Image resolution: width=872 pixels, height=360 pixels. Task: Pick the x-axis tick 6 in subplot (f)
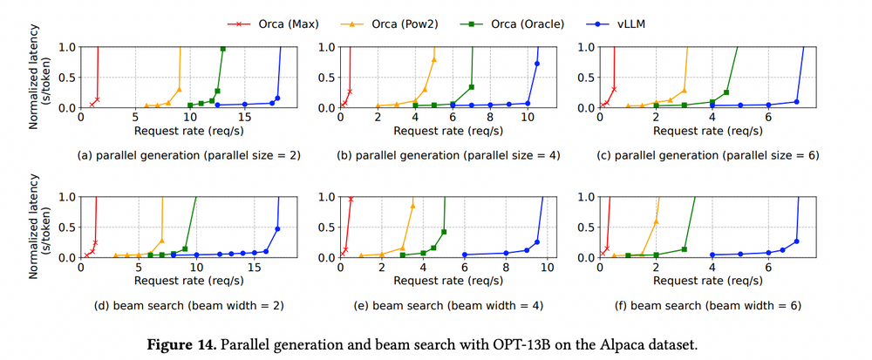[768, 268]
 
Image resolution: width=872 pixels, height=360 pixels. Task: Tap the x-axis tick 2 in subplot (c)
[656, 118]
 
